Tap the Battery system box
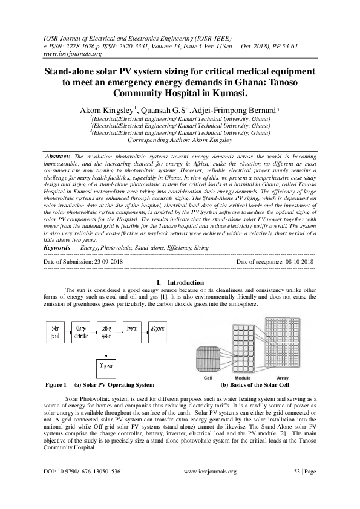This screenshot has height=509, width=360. point(107,332)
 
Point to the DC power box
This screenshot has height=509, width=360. point(107,367)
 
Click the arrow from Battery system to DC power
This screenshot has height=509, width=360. point(107,350)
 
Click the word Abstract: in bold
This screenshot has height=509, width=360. point(58,155)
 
